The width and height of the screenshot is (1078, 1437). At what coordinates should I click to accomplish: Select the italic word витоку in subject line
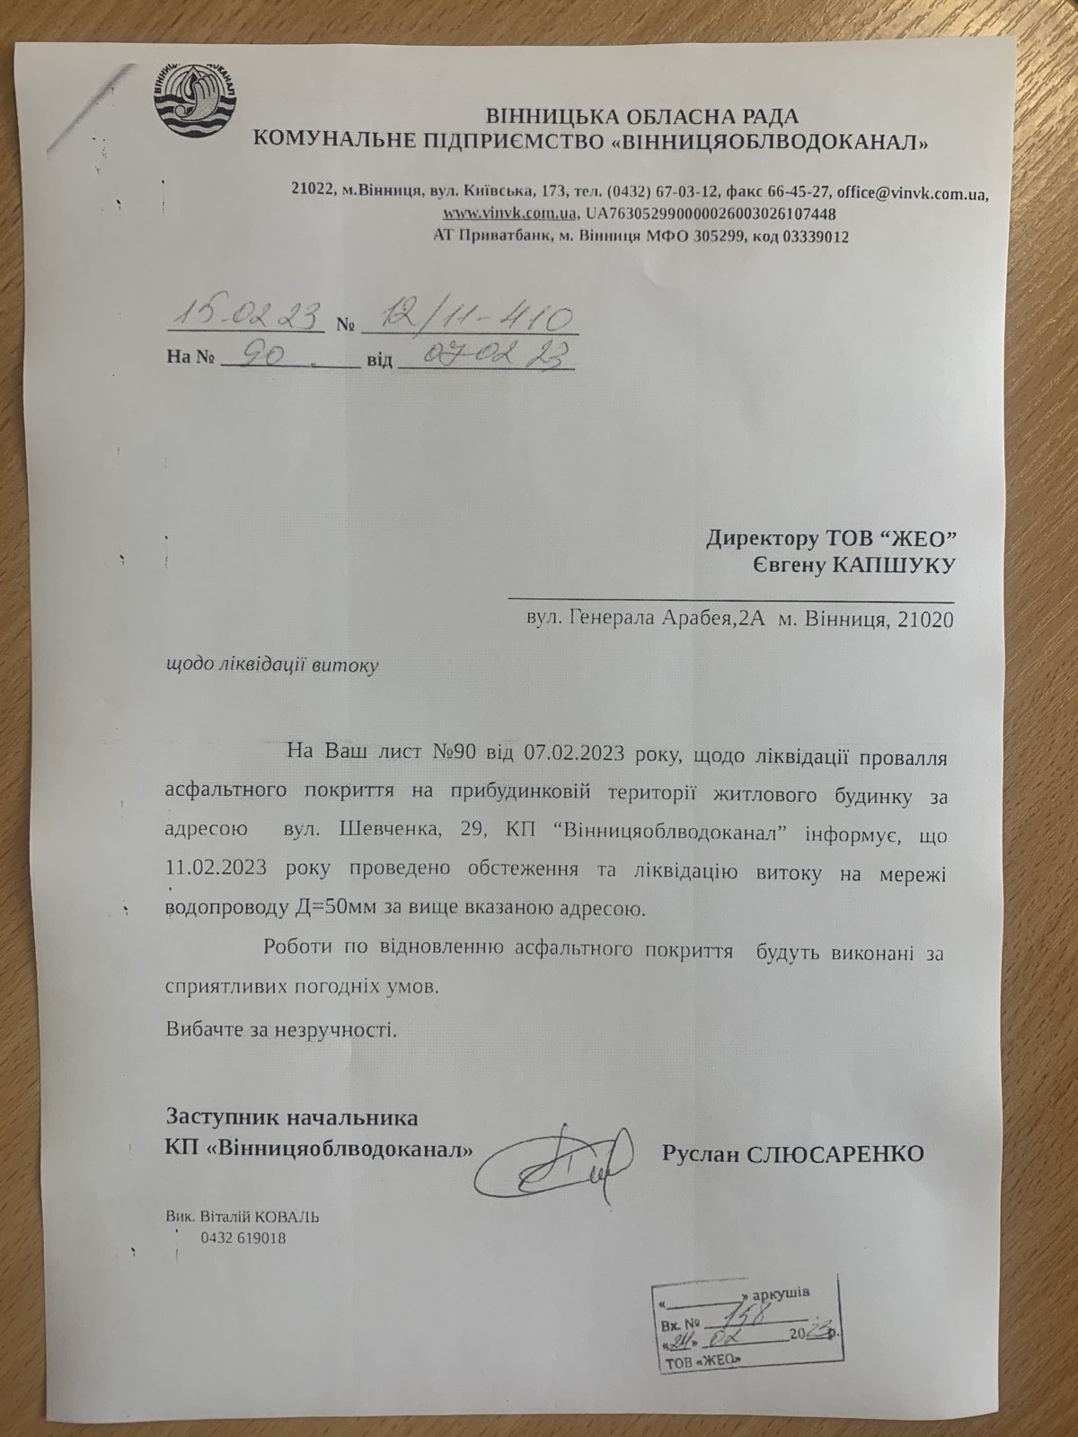[345, 666]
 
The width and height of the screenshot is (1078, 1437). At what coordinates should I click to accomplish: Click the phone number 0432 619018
[243, 1238]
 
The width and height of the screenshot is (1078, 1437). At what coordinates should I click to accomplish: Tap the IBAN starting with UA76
[710, 215]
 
